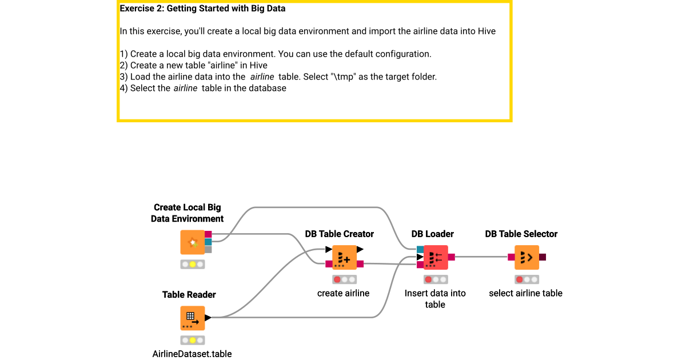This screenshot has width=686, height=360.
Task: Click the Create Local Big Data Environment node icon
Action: [x=192, y=242]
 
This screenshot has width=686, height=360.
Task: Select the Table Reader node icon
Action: [x=192, y=318]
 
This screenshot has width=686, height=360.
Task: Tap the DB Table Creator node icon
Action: [x=344, y=257]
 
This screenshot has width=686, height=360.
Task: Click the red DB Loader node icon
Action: [x=435, y=257]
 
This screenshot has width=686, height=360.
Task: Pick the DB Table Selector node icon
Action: [x=527, y=257]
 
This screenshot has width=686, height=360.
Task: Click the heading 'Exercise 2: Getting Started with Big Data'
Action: [x=202, y=9]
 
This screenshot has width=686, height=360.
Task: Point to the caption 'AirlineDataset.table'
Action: [x=192, y=354]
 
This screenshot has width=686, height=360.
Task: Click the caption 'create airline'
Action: [x=343, y=293]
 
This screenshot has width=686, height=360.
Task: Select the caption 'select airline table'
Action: [x=525, y=293]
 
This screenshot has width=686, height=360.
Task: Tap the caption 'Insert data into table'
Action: [x=435, y=299]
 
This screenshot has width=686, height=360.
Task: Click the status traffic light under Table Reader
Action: [x=193, y=340]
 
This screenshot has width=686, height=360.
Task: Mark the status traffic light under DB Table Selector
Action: [x=527, y=279]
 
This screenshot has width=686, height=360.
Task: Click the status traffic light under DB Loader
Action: [x=436, y=279]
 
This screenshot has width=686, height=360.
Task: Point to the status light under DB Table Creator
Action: [x=344, y=279]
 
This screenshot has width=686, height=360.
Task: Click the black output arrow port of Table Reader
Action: [x=208, y=318]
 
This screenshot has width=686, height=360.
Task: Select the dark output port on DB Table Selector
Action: [x=542, y=257]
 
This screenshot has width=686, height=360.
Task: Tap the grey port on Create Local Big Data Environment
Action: [x=208, y=249]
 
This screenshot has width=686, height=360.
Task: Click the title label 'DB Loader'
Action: [x=432, y=234]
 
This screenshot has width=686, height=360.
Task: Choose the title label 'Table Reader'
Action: [x=189, y=295]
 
